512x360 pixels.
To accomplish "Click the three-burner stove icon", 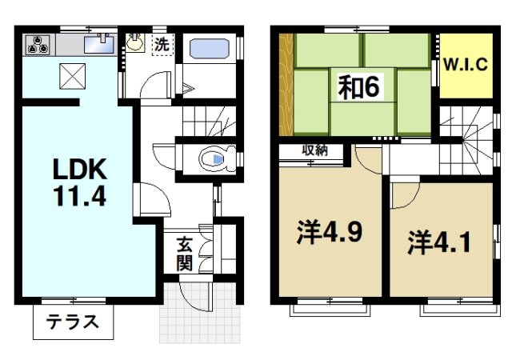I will point(36,45).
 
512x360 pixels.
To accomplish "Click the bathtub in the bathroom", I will point(210,48).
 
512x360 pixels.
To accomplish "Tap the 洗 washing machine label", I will point(162,45).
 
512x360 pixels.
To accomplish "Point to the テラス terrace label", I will point(73,323).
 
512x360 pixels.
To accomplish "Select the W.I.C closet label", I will point(465,65).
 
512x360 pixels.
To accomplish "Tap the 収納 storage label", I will point(313,150).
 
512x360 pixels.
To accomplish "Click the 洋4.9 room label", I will point(330,232).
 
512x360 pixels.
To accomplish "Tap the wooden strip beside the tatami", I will point(286,84).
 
